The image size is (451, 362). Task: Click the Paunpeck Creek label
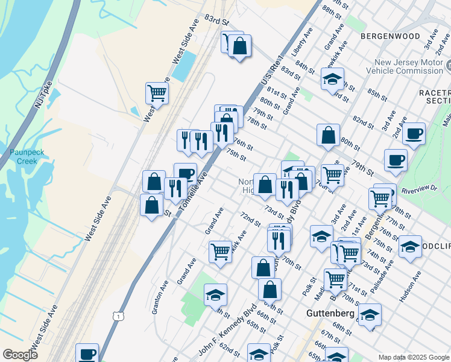point(24,157)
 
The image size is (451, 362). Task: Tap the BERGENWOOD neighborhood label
point(390,36)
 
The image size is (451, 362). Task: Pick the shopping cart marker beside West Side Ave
point(157,93)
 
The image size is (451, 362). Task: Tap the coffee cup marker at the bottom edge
point(87,354)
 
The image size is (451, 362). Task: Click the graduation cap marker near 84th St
point(332,78)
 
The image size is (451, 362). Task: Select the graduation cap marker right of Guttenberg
point(370,314)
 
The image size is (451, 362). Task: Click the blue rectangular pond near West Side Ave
point(183,66)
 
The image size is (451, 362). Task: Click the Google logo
point(20,355)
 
